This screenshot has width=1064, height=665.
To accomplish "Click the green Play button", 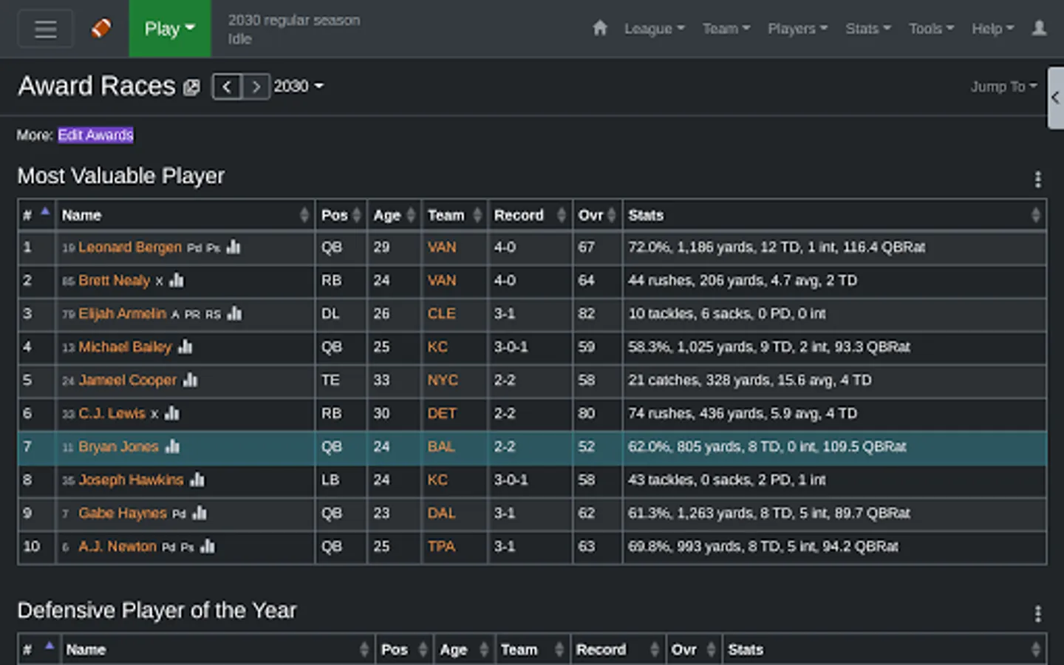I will [x=169, y=29].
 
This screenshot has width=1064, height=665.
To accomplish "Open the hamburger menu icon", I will [x=45, y=29].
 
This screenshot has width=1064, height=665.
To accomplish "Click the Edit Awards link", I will [x=95, y=135].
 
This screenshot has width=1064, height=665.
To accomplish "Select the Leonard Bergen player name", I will [x=130, y=248].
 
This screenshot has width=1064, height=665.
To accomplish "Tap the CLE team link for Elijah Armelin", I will [x=441, y=314].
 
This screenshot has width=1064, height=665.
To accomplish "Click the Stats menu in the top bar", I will [x=867, y=29].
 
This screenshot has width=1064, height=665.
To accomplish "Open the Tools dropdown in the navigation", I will [x=931, y=29].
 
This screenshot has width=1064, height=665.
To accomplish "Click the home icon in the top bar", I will [x=599, y=28].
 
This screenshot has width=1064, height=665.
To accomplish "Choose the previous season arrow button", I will [x=227, y=86].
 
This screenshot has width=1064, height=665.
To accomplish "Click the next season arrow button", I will [x=256, y=86].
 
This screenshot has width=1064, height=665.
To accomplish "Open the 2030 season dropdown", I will [x=299, y=86].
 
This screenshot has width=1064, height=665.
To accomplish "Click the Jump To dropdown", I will [x=1003, y=86].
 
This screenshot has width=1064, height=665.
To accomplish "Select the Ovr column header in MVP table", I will [x=591, y=215].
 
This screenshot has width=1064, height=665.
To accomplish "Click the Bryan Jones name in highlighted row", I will [x=118, y=447].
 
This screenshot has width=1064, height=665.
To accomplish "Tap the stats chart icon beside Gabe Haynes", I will [x=199, y=513].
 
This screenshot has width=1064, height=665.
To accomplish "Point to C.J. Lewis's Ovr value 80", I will [x=586, y=414].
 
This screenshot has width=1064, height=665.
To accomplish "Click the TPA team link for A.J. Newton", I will [x=441, y=547].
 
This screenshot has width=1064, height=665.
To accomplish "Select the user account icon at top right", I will [x=1039, y=28].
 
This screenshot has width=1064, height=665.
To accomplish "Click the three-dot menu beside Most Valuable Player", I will [x=1037, y=179].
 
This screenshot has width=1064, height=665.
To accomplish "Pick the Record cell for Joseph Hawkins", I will [x=511, y=480].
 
